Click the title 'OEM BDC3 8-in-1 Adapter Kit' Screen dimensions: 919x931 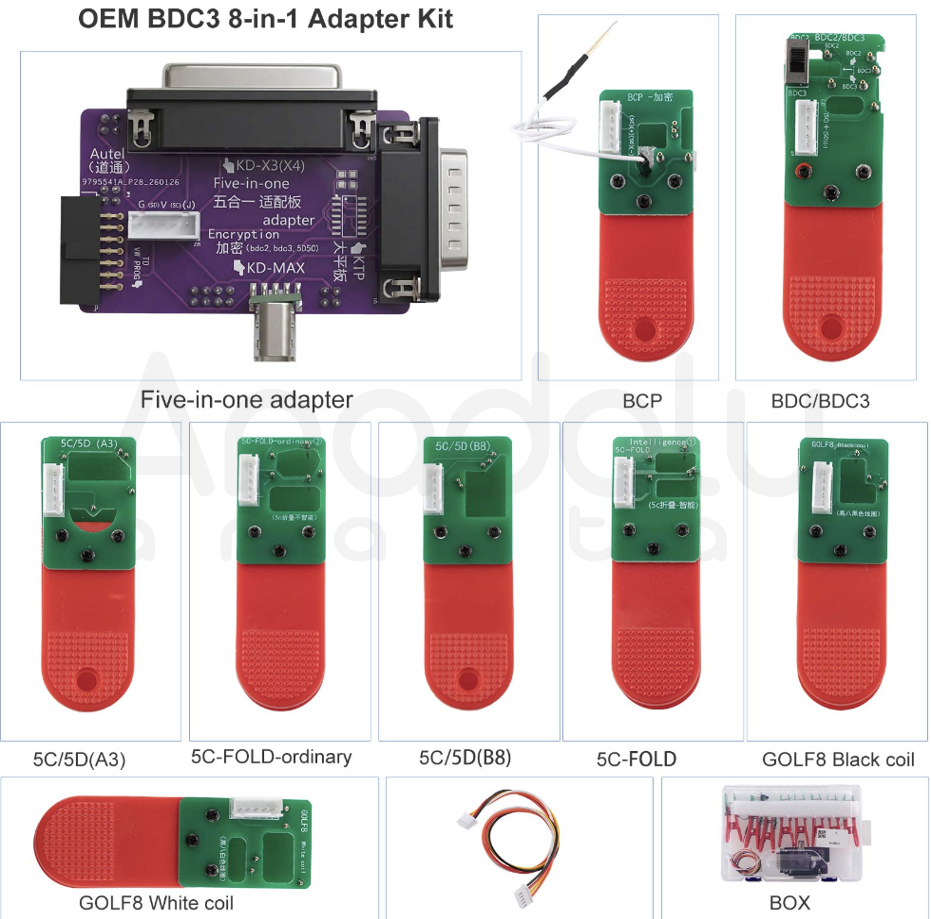(265, 19)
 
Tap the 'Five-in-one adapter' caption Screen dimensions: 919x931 (246, 400)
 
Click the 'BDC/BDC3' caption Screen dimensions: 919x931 (820, 401)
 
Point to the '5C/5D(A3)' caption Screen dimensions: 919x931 (79, 759)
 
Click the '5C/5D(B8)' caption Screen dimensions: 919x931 (465, 758)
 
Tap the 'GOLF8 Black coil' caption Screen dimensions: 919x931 (838, 759)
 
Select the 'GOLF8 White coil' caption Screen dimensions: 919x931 (156, 903)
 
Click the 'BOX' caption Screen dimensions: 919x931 (789, 903)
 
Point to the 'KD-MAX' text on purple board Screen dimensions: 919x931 (275, 268)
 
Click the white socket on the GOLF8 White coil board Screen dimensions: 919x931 (256, 808)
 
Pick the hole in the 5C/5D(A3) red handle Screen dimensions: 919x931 (86, 680)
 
